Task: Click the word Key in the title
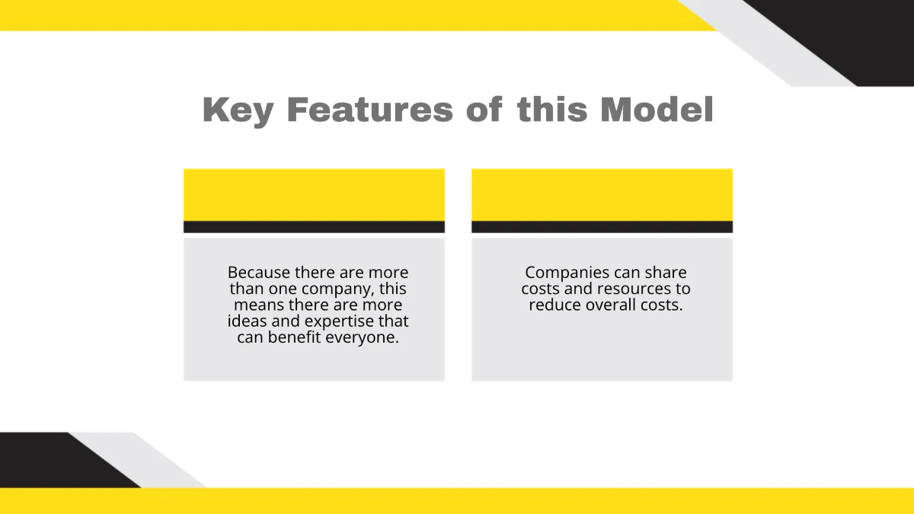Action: click(237, 111)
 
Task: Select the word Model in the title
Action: click(657, 110)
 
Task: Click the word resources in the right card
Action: click(638, 289)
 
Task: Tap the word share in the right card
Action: click(667, 273)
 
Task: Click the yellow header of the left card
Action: click(314, 195)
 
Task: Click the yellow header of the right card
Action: click(602, 195)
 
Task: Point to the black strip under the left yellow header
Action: click(314, 227)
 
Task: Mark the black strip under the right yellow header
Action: click(602, 227)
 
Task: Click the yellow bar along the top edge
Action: click(343, 14)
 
